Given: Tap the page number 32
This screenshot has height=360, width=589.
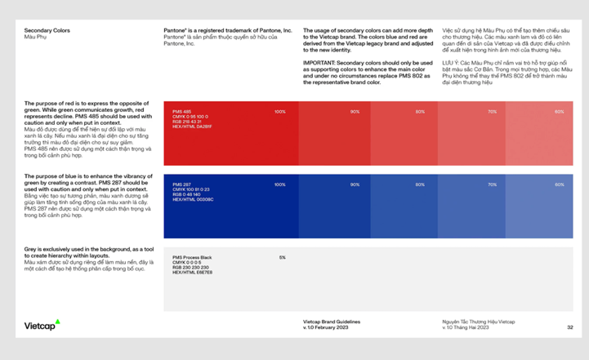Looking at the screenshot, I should [x=569, y=327].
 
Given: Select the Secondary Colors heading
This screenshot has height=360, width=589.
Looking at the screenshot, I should [x=47, y=30].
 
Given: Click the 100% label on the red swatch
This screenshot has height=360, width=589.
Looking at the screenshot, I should [x=280, y=112].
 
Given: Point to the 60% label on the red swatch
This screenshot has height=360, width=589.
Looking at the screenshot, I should [x=559, y=112].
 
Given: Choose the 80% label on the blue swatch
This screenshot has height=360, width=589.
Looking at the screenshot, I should [x=420, y=184].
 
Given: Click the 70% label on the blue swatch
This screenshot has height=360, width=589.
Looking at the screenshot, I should [x=492, y=184].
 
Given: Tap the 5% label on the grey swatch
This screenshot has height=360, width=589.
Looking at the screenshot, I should [x=282, y=257].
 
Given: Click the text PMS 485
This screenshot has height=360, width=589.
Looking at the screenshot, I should [x=181, y=111].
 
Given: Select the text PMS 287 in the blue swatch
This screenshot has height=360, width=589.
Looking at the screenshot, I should [x=181, y=184].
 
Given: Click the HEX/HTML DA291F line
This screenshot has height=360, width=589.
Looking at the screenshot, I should [x=193, y=127].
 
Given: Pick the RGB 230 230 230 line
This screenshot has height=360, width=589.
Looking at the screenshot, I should [x=191, y=267].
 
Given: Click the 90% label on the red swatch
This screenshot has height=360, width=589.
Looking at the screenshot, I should [x=355, y=112].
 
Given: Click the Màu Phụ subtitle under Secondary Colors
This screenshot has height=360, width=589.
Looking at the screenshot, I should [x=37, y=38].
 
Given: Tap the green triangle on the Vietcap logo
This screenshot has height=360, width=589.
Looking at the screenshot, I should [x=58, y=321].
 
